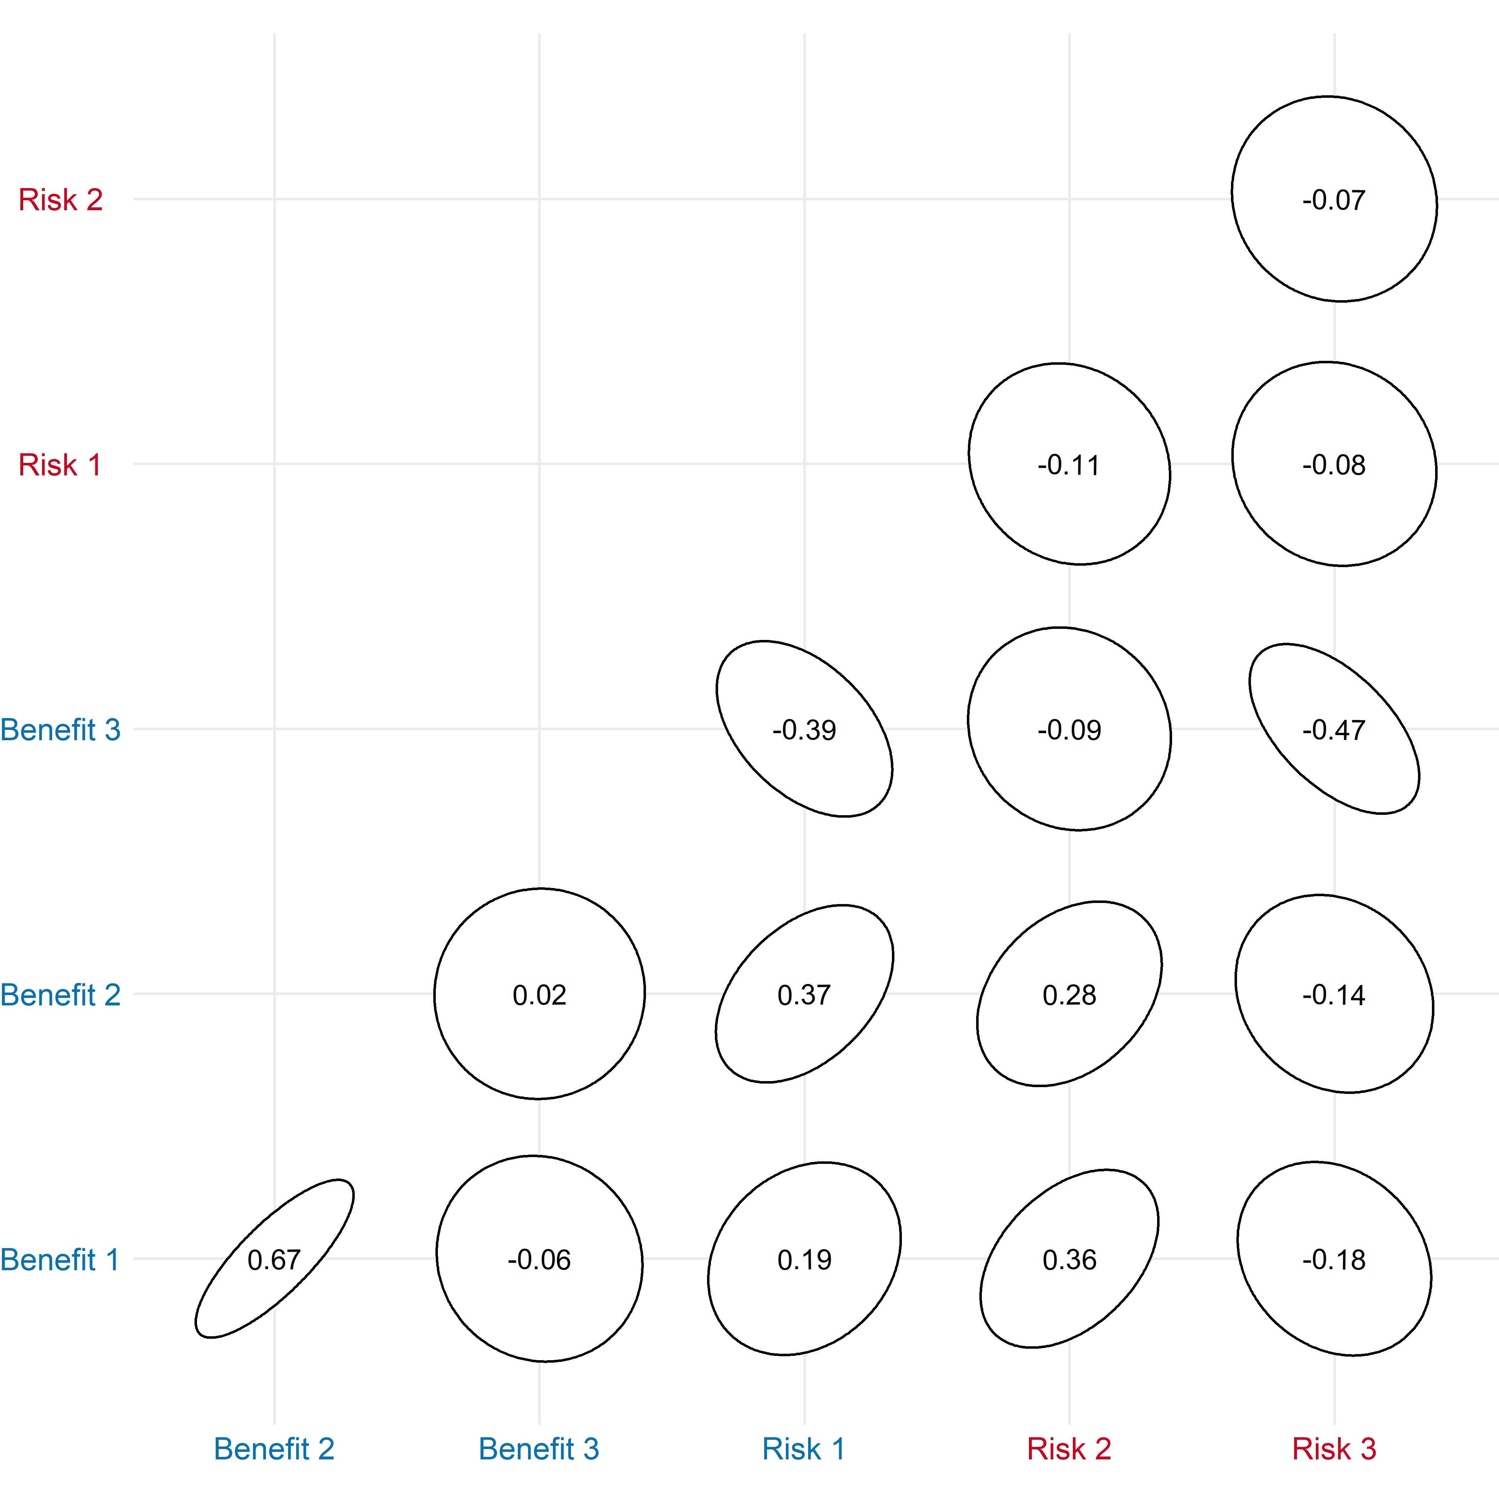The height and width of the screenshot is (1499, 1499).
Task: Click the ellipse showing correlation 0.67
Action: (x=274, y=1259)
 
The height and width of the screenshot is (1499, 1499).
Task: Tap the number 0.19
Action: (x=804, y=1259)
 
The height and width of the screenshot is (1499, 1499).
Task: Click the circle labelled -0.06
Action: (x=539, y=1259)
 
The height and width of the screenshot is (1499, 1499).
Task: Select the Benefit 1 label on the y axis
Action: (x=61, y=1259)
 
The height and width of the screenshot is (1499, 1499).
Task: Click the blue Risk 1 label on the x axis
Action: (x=804, y=1449)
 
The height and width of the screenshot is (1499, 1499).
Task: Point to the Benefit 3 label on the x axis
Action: (x=539, y=1449)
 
